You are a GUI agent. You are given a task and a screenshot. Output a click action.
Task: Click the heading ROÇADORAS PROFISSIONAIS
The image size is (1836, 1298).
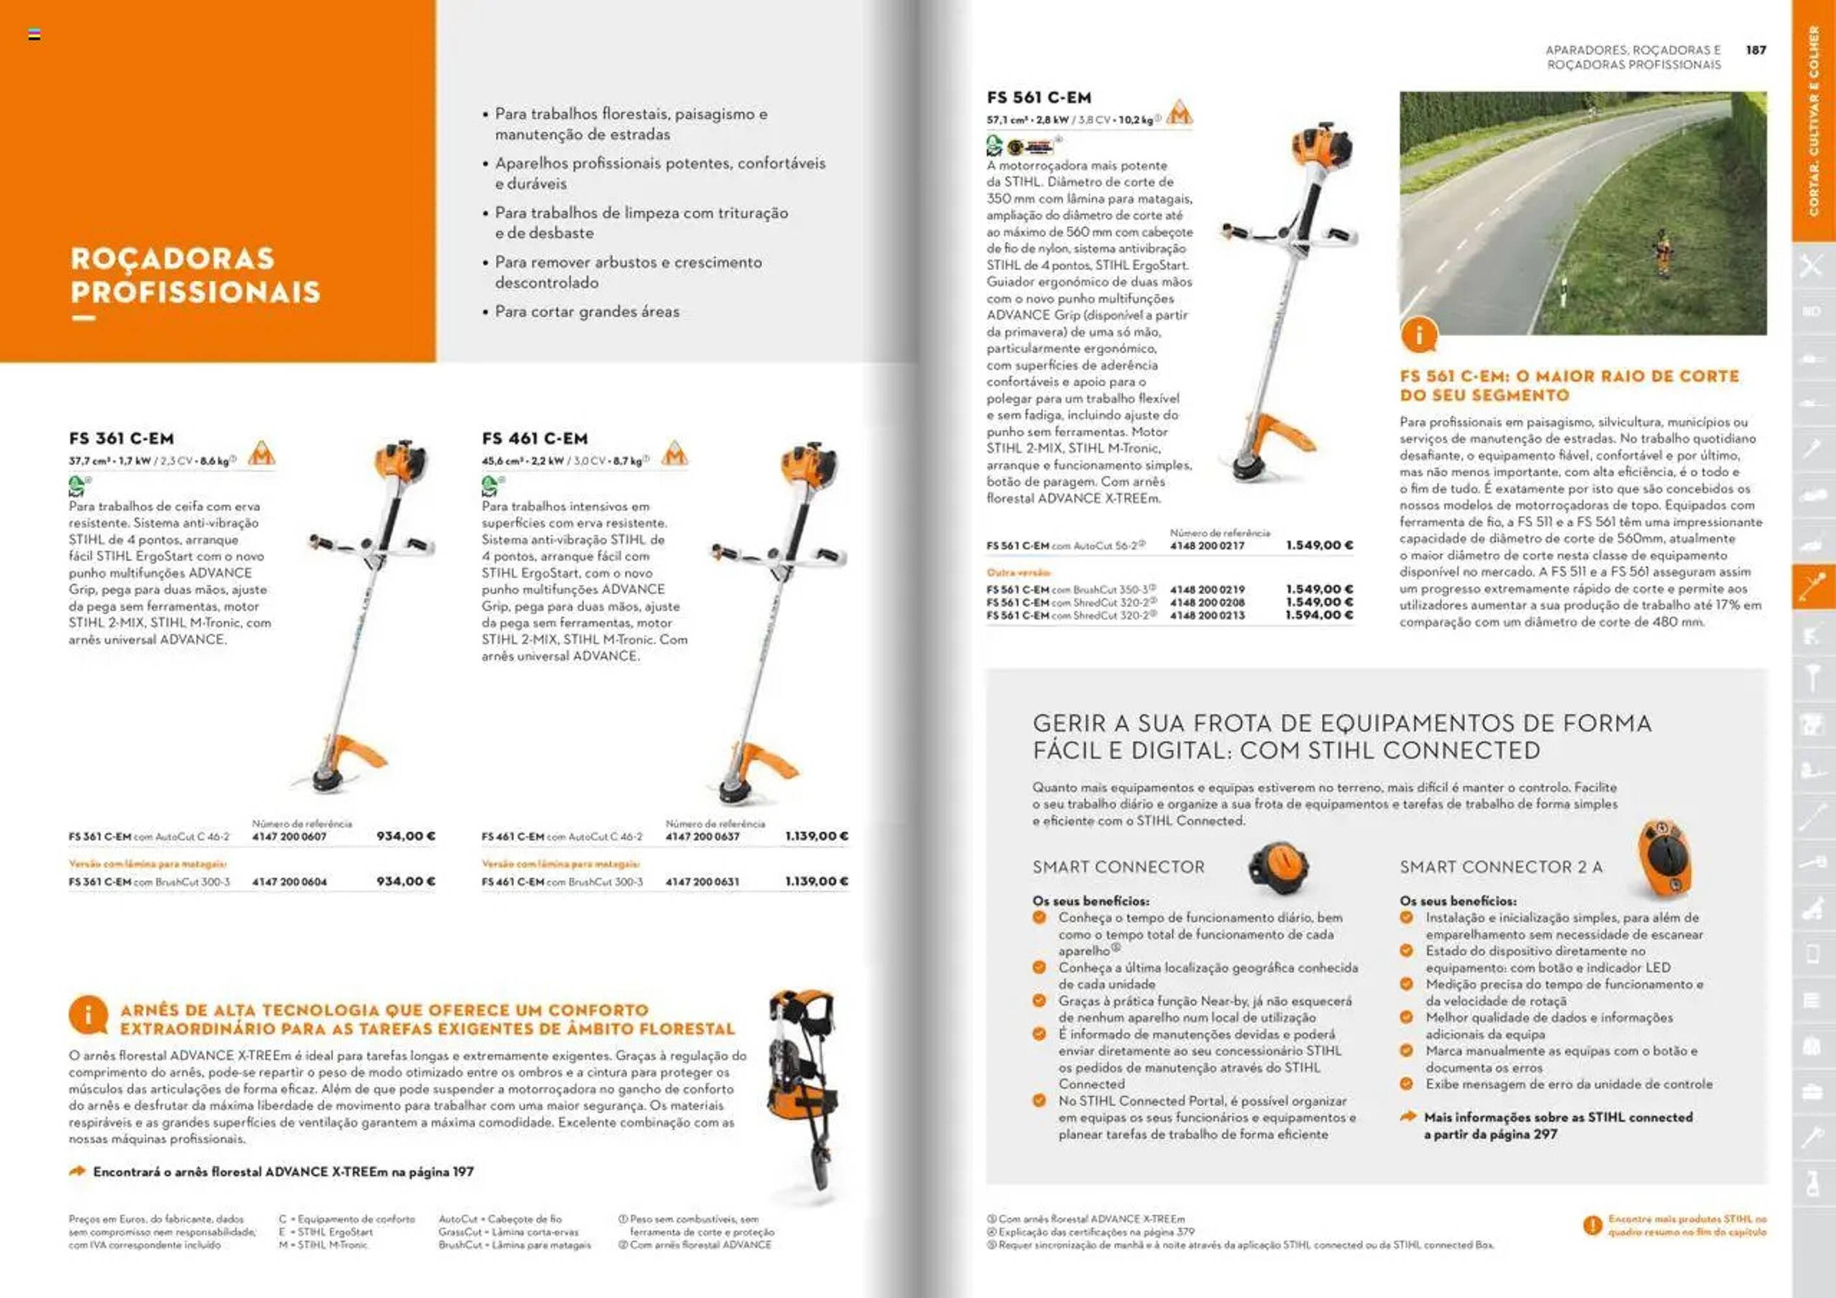[x=195, y=275]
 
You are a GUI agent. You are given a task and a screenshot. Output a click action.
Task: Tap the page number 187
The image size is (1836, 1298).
[x=1756, y=49]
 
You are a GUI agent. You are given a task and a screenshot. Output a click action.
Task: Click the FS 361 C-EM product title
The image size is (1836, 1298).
[x=121, y=438]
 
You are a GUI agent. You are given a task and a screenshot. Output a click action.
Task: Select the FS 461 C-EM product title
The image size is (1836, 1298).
[x=534, y=438]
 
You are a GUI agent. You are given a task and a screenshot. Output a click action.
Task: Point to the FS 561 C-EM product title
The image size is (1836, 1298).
[x=1039, y=97]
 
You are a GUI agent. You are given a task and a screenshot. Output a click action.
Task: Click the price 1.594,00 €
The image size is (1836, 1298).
[x=1319, y=615]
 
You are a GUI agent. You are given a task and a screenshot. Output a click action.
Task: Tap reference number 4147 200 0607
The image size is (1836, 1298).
[x=289, y=837]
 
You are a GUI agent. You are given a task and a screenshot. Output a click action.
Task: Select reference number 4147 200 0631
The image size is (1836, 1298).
[x=702, y=881]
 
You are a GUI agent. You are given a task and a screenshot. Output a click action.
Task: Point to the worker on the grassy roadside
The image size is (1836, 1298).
[x=1664, y=252]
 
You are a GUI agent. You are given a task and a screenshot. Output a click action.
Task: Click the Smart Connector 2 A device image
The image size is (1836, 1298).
[x=1663, y=860]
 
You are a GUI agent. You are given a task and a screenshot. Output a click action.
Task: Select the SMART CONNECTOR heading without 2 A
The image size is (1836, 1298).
[x=1118, y=867]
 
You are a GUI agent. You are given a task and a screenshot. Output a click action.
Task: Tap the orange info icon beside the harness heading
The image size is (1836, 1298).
[x=88, y=1016]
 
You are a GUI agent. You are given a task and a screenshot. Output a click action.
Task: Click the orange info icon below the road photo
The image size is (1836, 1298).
[x=1419, y=335]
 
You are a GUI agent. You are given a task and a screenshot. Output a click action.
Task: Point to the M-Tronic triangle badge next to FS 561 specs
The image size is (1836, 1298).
[x=1179, y=113]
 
